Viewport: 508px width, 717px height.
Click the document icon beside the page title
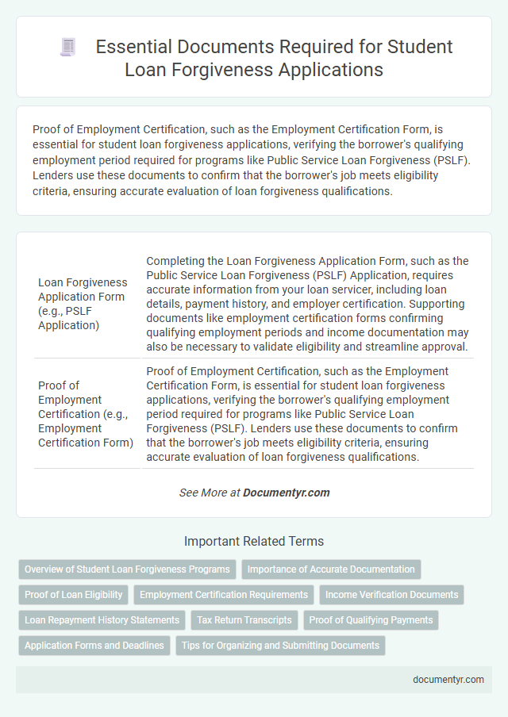tap(68, 48)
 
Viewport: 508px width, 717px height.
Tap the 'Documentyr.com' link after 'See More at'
tap(286, 493)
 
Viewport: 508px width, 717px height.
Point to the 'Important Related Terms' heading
tap(254, 542)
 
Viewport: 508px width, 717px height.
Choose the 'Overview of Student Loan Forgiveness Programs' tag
tap(127, 569)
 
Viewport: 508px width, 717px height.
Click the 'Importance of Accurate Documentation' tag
tap(331, 569)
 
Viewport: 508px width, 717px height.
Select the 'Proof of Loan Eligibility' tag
tap(74, 595)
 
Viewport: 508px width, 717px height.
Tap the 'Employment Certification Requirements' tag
tap(223, 595)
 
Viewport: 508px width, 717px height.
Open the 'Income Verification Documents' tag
tap(391, 595)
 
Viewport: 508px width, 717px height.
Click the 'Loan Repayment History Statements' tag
tap(102, 620)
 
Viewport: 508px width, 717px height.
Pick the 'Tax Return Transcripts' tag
tap(244, 620)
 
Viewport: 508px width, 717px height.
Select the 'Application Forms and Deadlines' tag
tap(94, 646)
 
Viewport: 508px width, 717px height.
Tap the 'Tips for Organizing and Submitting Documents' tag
tap(280, 646)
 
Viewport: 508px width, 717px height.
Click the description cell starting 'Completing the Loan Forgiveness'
tap(307, 304)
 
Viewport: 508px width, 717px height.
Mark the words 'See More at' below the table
tap(210, 493)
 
